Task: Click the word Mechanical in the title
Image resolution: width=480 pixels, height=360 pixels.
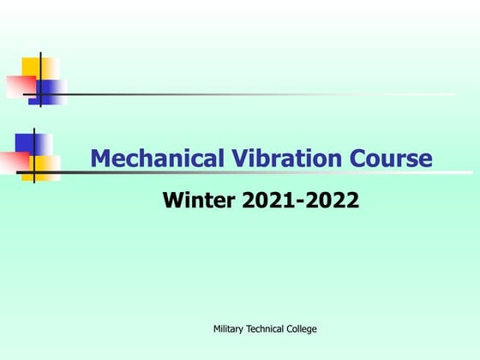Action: tap(146, 159)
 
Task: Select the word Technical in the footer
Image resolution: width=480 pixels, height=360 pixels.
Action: tap(267, 329)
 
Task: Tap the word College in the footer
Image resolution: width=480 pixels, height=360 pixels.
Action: tap(304, 329)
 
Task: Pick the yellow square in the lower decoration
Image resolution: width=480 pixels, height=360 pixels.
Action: tap(48, 163)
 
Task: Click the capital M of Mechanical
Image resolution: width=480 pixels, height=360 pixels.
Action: tap(101, 159)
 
